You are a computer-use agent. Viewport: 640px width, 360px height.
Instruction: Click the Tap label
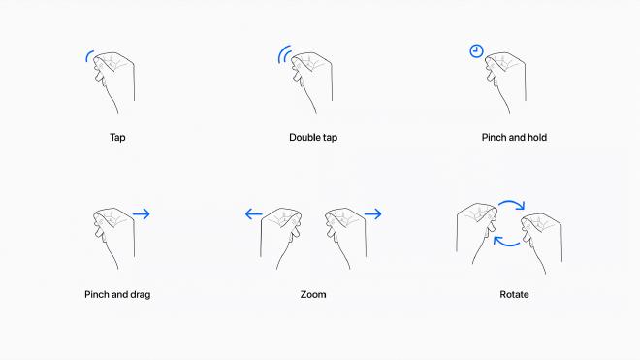pyautogui.click(x=117, y=138)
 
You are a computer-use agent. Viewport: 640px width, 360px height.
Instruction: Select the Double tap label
pyautogui.click(x=313, y=138)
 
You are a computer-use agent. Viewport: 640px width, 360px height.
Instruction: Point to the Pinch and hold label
pyautogui.click(x=514, y=138)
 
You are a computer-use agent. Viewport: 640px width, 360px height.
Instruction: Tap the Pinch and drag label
pyautogui.click(x=117, y=294)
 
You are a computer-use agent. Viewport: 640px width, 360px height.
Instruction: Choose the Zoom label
pyautogui.click(x=313, y=294)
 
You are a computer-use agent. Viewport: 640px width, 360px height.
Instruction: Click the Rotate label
pyautogui.click(x=514, y=294)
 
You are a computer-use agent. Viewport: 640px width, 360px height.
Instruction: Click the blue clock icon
pyautogui.click(x=476, y=51)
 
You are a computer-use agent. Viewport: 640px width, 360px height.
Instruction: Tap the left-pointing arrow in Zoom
pyautogui.click(x=254, y=214)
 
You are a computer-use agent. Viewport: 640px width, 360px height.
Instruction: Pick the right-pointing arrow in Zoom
pyautogui.click(x=372, y=214)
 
